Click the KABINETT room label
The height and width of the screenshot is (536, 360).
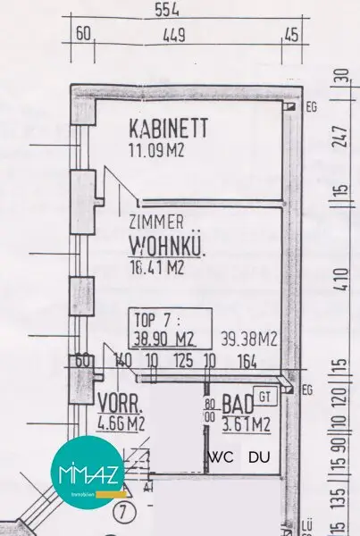(x=168, y=128)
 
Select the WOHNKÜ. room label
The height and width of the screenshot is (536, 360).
(x=167, y=243)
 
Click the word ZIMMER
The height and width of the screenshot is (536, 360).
(x=157, y=222)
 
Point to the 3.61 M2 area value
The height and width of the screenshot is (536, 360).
(x=246, y=423)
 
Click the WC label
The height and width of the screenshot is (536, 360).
(x=220, y=457)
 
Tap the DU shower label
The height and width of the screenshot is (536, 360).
(x=259, y=457)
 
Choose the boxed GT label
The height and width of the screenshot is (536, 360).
(x=264, y=394)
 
